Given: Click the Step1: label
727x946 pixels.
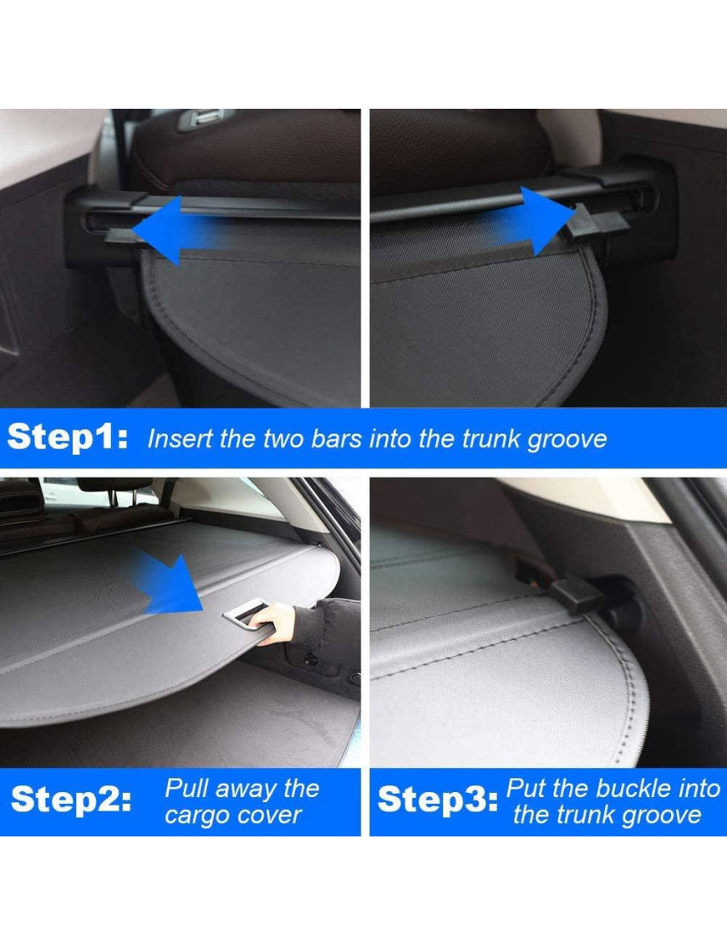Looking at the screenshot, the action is coord(68,437).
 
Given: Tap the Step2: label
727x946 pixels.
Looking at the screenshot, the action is coord(71,800).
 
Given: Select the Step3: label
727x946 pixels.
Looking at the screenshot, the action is coord(438,800).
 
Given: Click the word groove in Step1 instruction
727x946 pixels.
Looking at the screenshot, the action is coord(567,440).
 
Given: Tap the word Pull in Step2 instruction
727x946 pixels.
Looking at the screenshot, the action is coord(186,789).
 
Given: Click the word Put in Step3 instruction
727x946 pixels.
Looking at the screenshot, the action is coord(526,789).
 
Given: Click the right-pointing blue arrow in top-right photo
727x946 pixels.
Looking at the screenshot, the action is coord(532,221).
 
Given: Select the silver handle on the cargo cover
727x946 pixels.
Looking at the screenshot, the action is coord(248,613).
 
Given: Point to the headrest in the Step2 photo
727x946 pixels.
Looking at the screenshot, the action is coord(114,484).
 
